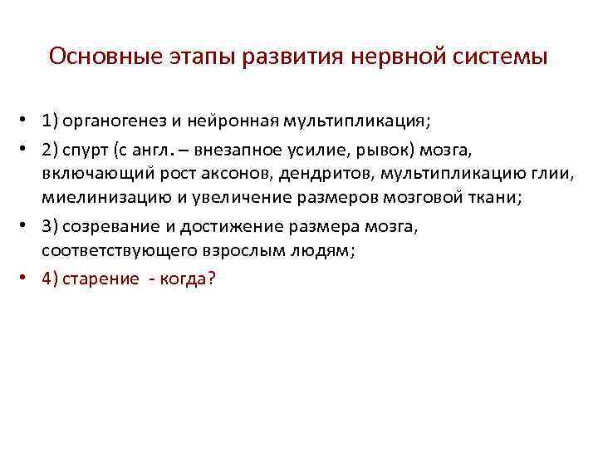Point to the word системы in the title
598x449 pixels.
(503, 57)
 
